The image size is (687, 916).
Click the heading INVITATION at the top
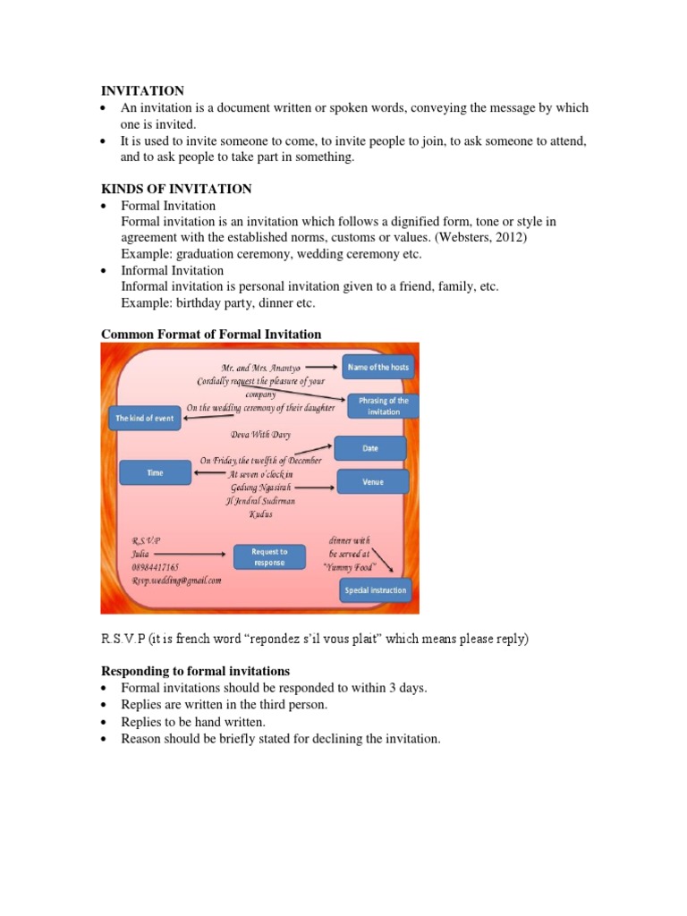pyautogui.click(x=142, y=90)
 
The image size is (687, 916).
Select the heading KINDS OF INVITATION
pyautogui.click(x=176, y=189)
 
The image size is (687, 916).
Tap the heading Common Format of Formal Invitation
pyautogui.click(x=211, y=335)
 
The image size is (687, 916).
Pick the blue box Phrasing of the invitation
pyautogui.click(x=383, y=406)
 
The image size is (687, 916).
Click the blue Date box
pyautogui.click(x=369, y=448)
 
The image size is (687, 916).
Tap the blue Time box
pyautogui.click(x=155, y=472)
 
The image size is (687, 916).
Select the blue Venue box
pyautogui.click(x=373, y=482)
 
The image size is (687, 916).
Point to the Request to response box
pyautogui.click(x=268, y=557)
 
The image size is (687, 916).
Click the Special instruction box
pyautogui.click(x=376, y=590)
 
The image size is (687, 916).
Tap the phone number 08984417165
pyautogui.click(x=155, y=567)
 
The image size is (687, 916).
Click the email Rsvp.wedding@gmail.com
pyautogui.click(x=176, y=580)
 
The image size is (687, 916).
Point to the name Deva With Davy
pyautogui.click(x=260, y=435)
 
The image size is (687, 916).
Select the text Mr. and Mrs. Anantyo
pyautogui.click(x=260, y=368)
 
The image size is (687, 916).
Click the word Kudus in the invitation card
pyautogui.click(x=261, y=514)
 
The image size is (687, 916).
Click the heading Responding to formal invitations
pyautogui.click(x=195, y=671)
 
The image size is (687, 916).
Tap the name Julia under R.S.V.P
pyautogui.click(x=141, y=554)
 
